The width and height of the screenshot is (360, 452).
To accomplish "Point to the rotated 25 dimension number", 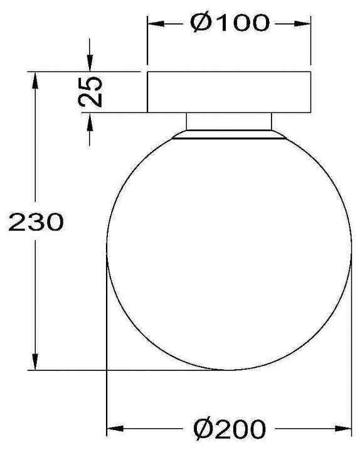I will (x=90, y=92).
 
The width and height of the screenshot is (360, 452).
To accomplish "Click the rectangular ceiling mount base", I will (x=229, y=92).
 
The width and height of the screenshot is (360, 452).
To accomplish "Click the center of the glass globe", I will (x=229, y=251).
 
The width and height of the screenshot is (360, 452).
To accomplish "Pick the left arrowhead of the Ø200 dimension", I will (x=114, y=430).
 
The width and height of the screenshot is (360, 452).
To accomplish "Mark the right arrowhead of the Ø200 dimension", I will (x=345, y=430).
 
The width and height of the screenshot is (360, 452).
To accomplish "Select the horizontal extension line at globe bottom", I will (x=125, y=370).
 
